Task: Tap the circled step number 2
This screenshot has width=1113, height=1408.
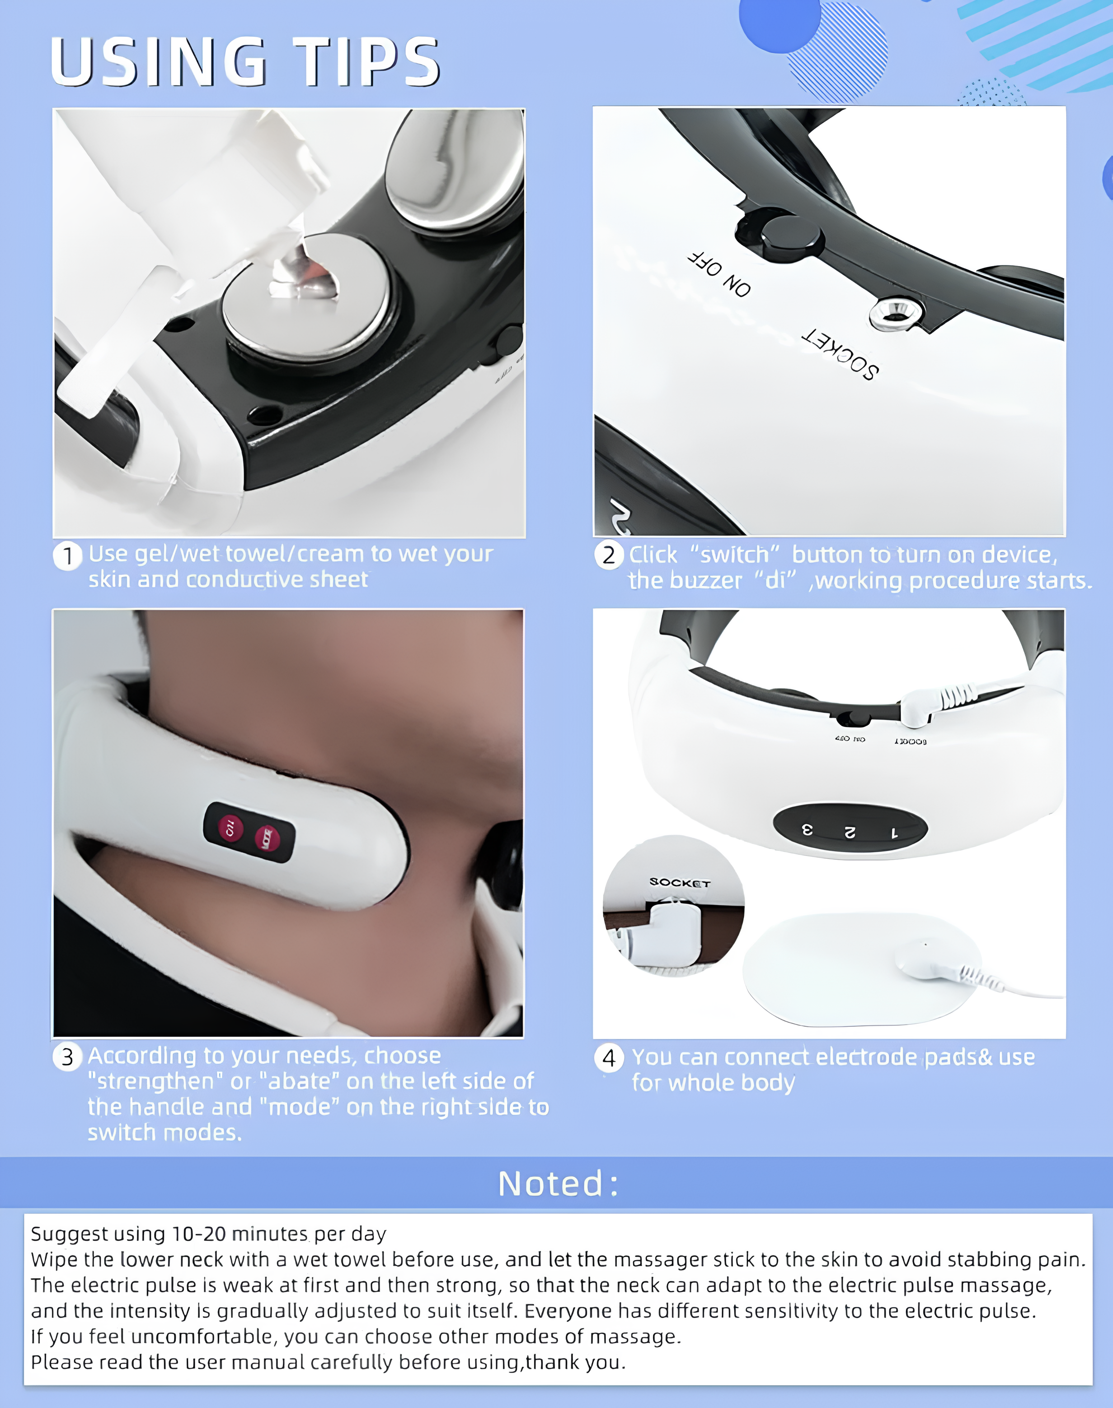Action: [609, 555]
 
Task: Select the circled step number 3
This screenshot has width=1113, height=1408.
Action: [67, 1057]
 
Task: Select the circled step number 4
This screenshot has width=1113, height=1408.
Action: [609, 1057]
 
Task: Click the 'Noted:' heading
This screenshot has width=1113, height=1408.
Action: [557, 1184]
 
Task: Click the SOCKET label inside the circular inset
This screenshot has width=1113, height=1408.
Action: [679, 883]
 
